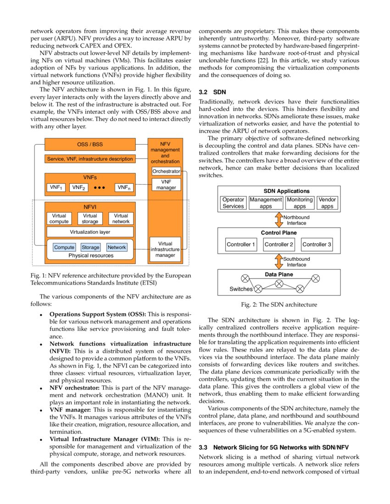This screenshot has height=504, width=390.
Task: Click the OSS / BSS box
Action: click(90, 144)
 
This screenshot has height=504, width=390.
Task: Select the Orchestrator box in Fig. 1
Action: click(166, 171)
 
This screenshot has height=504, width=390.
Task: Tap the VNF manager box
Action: click(166, 184)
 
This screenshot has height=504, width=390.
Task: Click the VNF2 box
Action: click(78, 187)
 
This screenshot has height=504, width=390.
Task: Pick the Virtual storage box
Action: click(90, 219)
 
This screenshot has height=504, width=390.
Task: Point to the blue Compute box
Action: click(64, 247)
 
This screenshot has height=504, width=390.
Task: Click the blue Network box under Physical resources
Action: click(117, 247)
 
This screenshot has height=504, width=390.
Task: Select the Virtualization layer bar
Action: click(90, 232)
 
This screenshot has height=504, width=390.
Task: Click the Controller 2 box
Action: click(279, 245)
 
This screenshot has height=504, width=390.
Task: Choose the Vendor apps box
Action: click(327, 203)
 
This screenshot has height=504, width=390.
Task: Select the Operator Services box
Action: click(233, 203)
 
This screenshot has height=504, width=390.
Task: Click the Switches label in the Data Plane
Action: click(241, 289)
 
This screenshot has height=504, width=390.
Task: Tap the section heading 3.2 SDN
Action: click(212, 92)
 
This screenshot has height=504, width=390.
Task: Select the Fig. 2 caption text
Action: click(279, 304)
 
